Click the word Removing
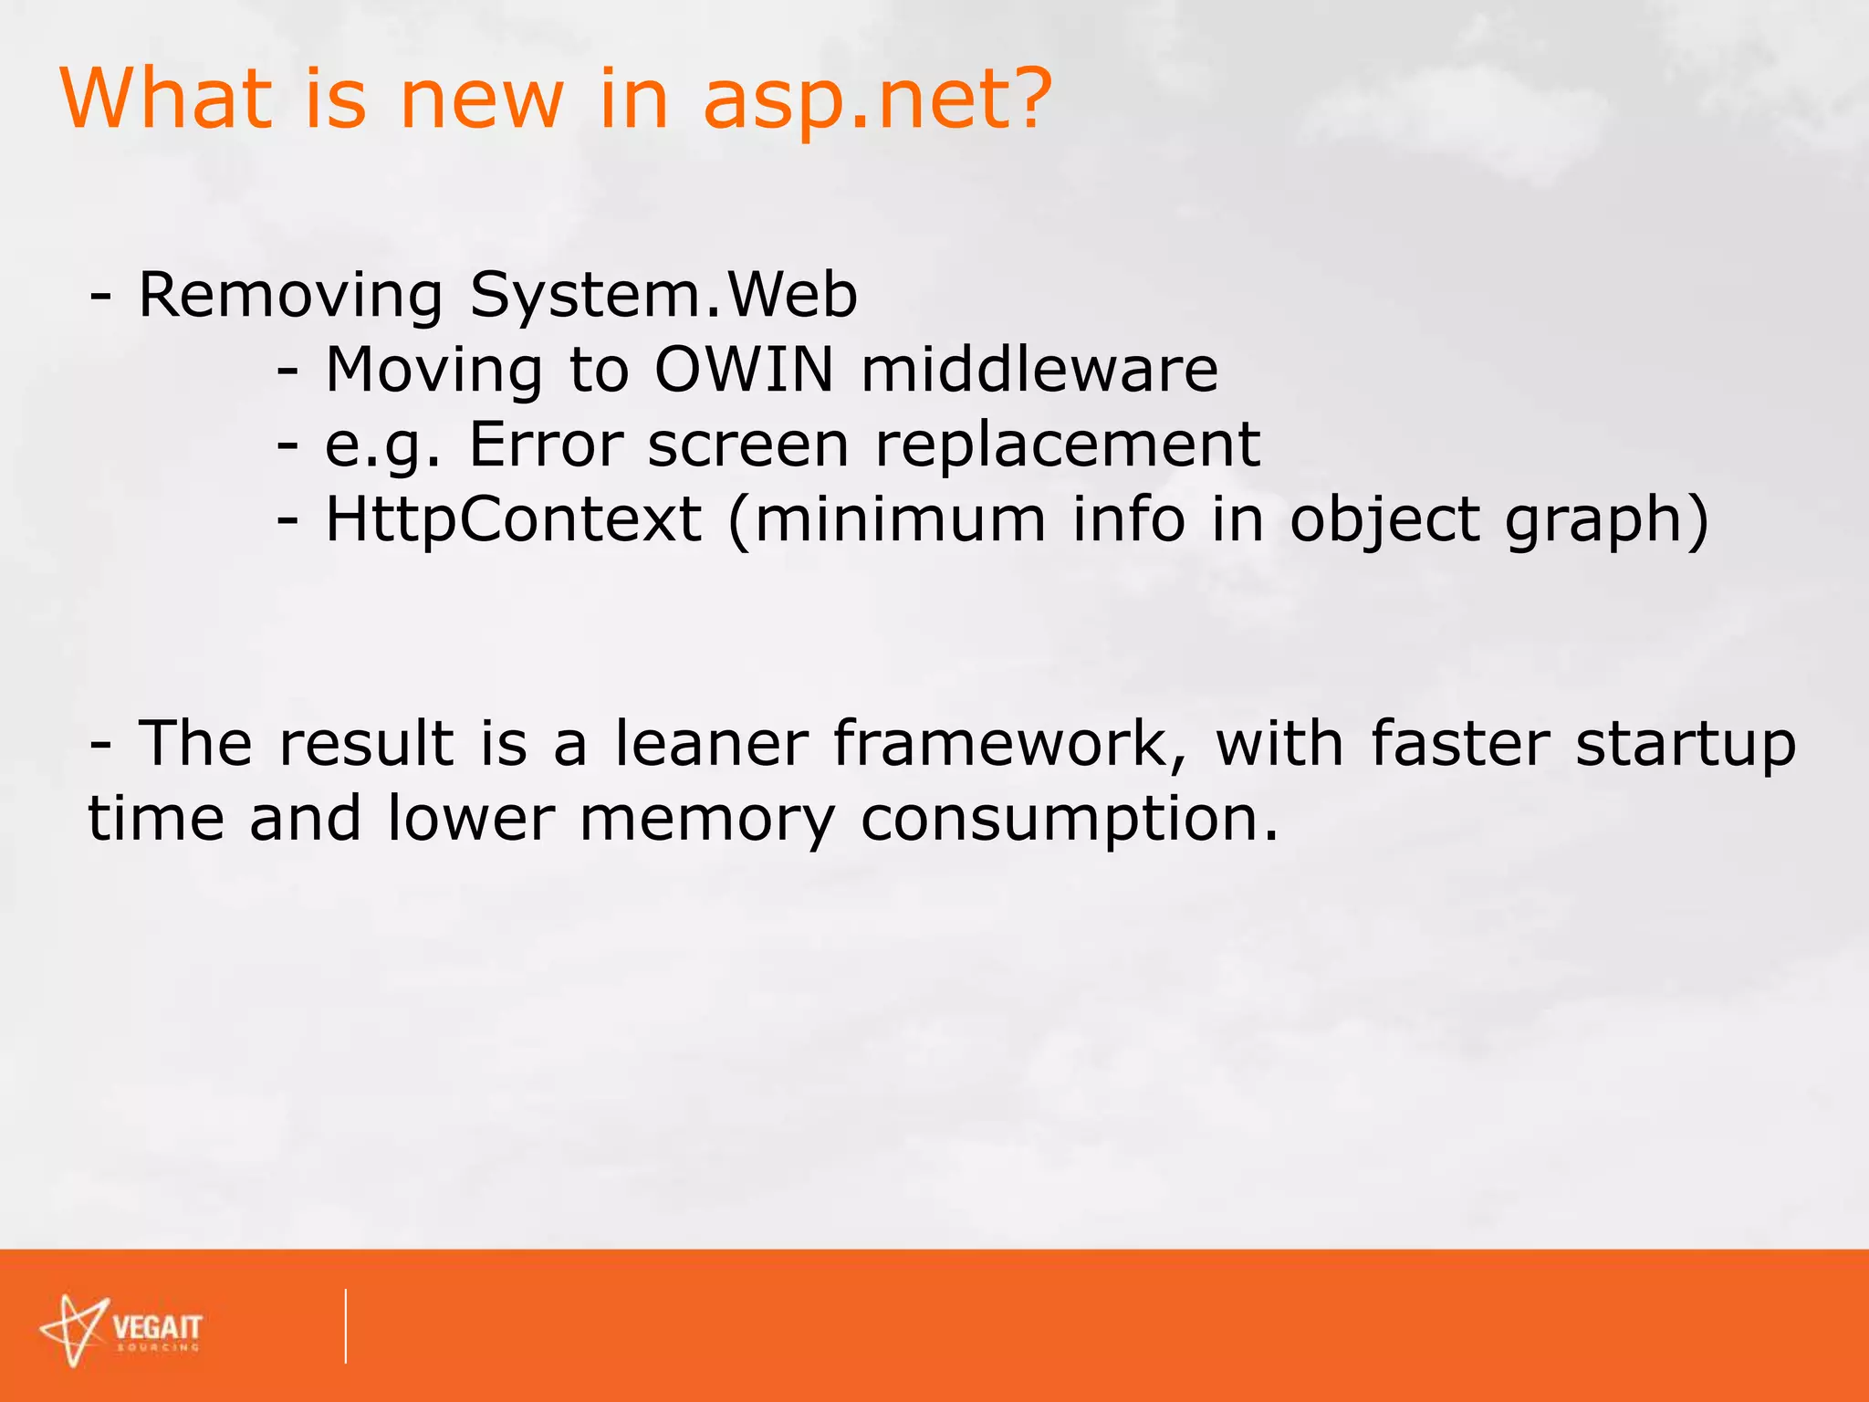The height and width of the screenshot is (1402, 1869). (x=290, y=296)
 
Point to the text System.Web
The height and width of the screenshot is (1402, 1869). (x=663, y=296)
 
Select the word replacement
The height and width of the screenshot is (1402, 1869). (x=1068, y=446)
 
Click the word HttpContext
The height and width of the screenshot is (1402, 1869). (x=514, y=519)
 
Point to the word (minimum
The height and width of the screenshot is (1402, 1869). (x=886, y=521)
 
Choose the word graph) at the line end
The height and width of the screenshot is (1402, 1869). (x=1607, y=521)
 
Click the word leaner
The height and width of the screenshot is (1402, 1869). (x=711, y=743)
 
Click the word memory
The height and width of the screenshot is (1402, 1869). (x=707, y=819)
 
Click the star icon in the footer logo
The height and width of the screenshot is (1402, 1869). (x=74, y=1329)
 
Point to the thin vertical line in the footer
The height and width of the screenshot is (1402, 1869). (x=346, y=1325)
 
